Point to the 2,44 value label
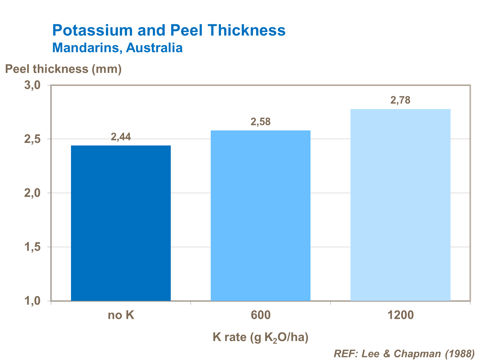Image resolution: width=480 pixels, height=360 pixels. (121, 137)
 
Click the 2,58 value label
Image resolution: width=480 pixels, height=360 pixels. (261, 122)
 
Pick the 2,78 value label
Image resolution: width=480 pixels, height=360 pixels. (400, 100)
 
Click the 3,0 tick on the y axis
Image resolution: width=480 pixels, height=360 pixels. (32, 85)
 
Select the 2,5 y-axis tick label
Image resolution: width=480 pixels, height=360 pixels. (32, 139)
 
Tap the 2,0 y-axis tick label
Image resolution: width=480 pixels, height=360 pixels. (32, 193)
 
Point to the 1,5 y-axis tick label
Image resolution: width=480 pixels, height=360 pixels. (32, 247)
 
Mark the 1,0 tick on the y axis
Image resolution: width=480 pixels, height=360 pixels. (32, 301)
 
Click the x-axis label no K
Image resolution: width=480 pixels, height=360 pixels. (121, 315)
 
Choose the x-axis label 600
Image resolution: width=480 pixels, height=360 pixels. (261, 315)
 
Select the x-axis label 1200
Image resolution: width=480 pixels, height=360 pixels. (400, 315)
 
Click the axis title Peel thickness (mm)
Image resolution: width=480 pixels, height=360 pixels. (63, 69)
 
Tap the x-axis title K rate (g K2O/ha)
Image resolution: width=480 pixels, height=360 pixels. (261, 337)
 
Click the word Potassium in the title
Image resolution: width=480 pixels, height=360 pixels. (92, 30)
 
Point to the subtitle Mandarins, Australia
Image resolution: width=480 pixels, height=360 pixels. (117, 48)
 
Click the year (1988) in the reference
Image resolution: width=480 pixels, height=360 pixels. (459, 354)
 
